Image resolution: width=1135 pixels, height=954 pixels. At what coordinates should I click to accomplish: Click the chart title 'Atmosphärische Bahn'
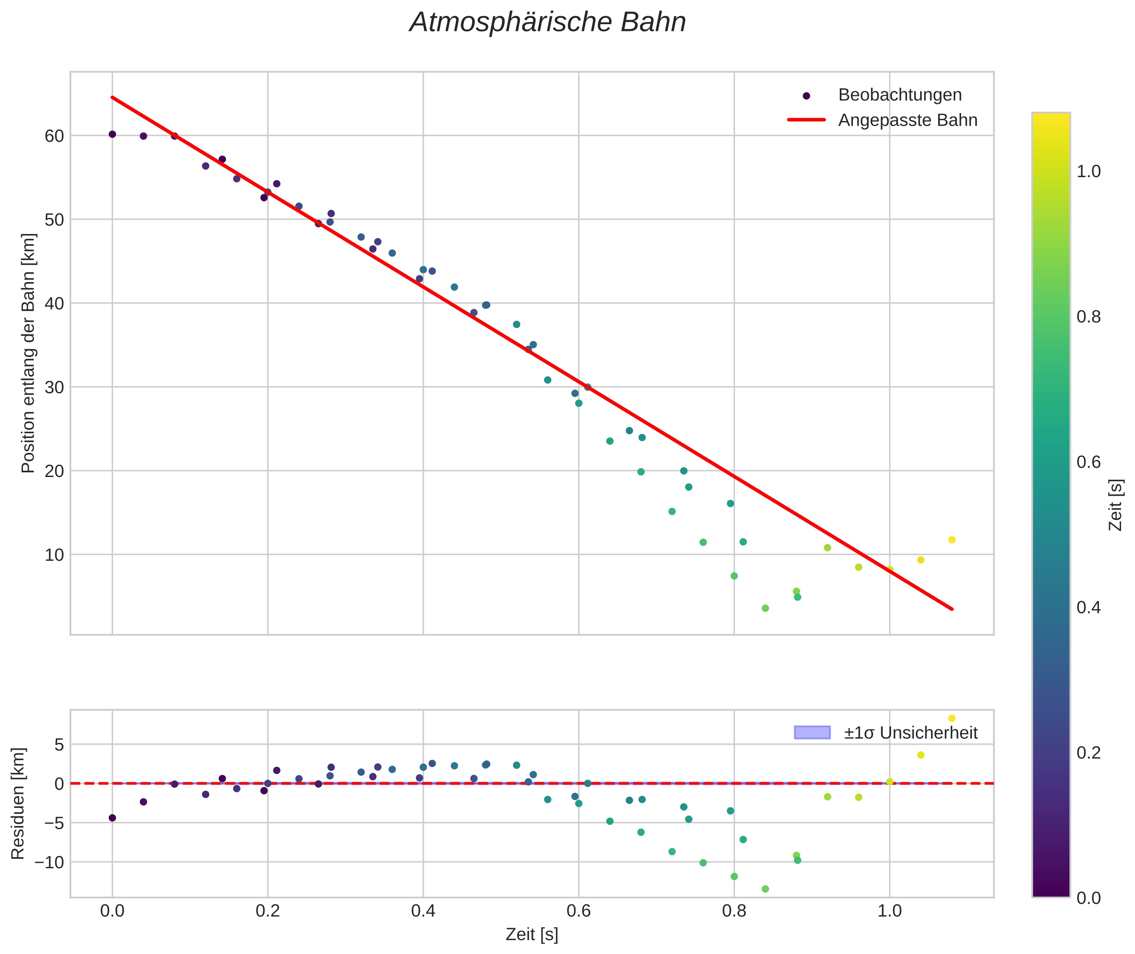click(x=547, y=23)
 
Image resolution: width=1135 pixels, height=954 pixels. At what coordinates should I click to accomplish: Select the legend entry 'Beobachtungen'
click(x=899, y=95)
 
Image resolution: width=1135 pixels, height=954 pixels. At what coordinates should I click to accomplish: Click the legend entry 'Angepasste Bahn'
click(x=907, y=120)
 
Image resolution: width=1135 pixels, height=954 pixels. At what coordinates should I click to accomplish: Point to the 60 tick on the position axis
click(x=54, y=136)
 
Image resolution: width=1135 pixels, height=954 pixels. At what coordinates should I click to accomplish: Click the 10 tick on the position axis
click(x=54, y=555)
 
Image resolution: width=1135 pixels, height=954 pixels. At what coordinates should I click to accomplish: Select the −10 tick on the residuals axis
click(x=49, y=862)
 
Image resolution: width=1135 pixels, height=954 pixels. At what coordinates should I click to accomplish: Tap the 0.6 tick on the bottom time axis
click(x=579, y=911)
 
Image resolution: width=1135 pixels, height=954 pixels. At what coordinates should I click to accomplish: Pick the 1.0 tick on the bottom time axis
click(x=890, y=911)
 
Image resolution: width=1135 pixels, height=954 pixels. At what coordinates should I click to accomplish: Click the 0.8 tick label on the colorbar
click(x=1088, y=317)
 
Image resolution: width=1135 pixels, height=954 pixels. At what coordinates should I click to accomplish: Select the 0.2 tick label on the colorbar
click(x=1088, y=753)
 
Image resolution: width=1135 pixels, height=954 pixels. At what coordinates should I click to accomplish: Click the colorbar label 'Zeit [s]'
click(x=1115, y=505)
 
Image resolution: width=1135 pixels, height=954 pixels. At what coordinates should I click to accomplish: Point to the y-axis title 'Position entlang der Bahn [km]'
click(x=28, y=353)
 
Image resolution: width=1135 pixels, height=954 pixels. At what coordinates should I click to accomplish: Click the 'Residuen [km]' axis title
click(x=18, y=804)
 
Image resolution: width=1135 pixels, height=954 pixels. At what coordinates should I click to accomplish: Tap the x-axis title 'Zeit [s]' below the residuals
click(x=532, y=934)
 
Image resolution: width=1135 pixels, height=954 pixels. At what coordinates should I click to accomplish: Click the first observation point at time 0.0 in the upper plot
click(x=113, y=134)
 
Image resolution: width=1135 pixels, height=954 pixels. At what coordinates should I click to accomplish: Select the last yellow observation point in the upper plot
click(x=952, y=540)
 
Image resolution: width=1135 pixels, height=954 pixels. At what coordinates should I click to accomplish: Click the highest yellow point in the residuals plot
click(x=952, y=718)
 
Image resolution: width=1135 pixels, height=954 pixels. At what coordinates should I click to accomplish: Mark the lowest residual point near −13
click(x=765, y=889)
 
